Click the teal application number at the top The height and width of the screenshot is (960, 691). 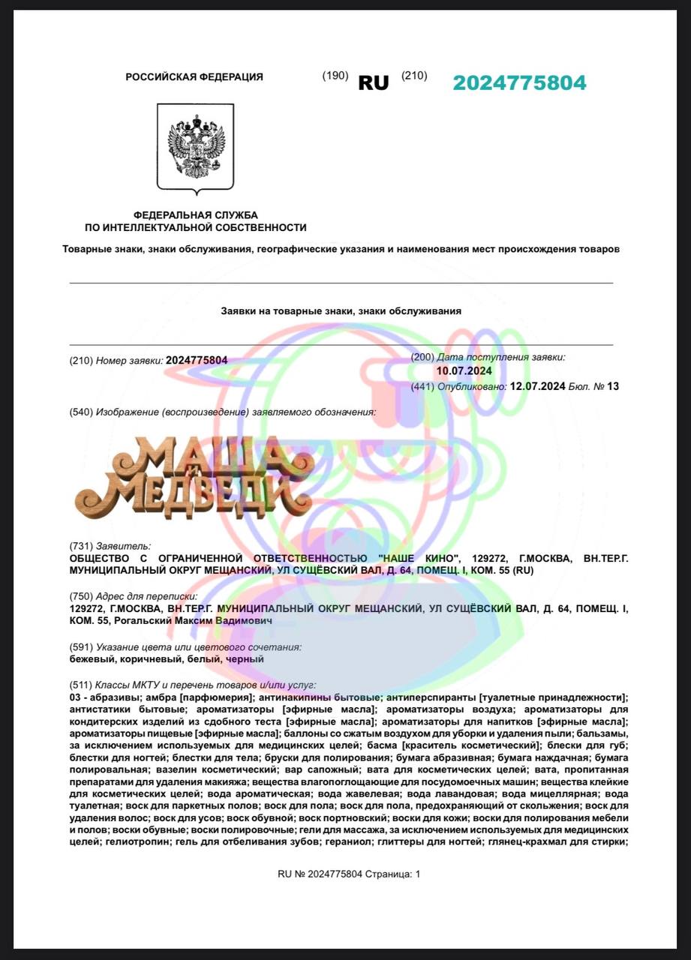click(x=519, y=82)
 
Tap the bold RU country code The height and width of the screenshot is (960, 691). click(x=374, y=82)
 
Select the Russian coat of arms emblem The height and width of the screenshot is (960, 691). click(x=195, y=147)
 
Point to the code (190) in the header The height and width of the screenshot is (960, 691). click(x=335, y=76)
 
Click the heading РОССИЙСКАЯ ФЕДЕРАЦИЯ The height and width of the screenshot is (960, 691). click(x=194, y=76)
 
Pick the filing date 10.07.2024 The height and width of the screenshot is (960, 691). click(x=464, y=370)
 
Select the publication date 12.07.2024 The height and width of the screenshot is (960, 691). click(x=537, y=386)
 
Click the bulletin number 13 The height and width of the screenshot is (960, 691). click(x=614, y=386)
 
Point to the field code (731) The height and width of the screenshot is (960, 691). click(x=81, y=546)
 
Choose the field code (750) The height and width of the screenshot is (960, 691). click(x=81, y=596)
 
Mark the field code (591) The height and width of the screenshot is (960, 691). click(x=81, y=646)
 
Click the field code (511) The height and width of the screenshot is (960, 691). click(x=81, y=685)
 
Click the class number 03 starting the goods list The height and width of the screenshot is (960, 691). click(x=75, y=697)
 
